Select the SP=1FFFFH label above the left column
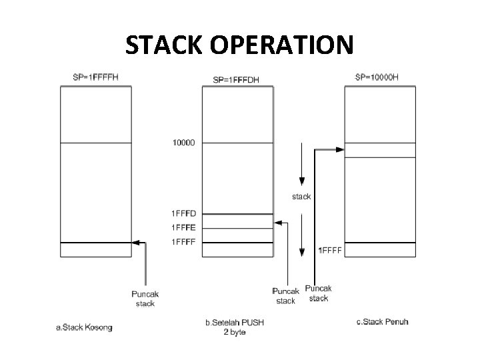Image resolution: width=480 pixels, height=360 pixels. (x=95, y=77)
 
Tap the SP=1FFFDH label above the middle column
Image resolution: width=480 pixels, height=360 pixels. (x=235, y=80)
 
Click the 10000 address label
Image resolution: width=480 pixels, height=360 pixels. (x=183, y=143)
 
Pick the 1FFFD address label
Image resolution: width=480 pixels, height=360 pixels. (x=184, y=213)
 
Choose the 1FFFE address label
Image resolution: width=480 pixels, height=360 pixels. (x=184, y=227)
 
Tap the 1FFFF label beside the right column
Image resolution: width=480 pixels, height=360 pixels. (x=330, y=251)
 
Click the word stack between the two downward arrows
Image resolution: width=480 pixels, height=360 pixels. (x=301, y=197)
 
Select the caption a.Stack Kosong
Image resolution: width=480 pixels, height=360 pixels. (x=83, y=327)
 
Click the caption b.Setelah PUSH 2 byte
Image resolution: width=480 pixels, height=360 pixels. (x=234, y=327)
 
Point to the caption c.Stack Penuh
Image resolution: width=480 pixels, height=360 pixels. (x=383, y=323)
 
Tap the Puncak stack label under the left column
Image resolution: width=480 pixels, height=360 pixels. (x=145, y=299)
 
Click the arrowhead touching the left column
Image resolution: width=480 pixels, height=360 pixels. (x=135, y=243)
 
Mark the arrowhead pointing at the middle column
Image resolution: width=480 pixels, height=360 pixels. (x=277, y=222)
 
